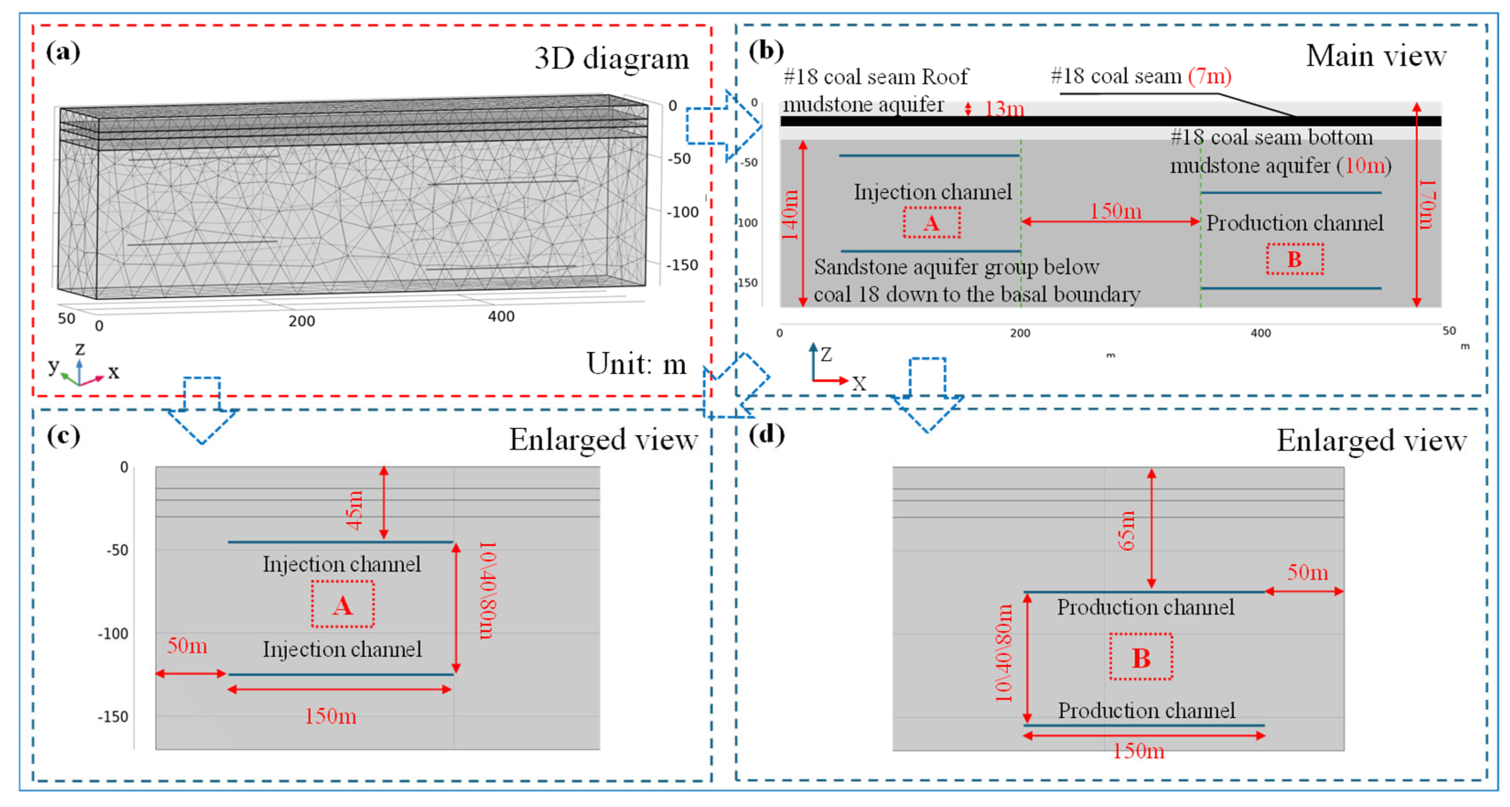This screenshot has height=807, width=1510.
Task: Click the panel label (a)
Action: pyautogui.click(x=63, y=52)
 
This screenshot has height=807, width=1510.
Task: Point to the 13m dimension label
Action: pyautogui.click(x=1003, y=109)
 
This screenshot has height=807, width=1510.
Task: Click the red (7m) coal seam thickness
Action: pyautogui.click(x=1209, y=76)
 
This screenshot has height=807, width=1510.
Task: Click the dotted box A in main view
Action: pyautogui.click(x=931, y=223)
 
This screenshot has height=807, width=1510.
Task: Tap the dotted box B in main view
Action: pyautogui.click(x=1294, y=259)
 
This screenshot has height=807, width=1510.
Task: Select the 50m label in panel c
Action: pyautogui.click(x=187, y=646)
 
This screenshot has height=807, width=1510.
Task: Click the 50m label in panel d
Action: pyautogui.click(x=1307, y=572)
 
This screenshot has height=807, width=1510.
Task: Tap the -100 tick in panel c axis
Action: pyautogui.click(x=113, y=633)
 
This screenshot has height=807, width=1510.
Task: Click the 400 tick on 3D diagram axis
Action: pyautogui.click(x=501, y=316)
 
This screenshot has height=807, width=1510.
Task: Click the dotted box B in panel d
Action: pyautogui.click(x=1141, y=657)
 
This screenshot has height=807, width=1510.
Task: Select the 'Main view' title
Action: pyautogui.click(x=1375, y=56)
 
